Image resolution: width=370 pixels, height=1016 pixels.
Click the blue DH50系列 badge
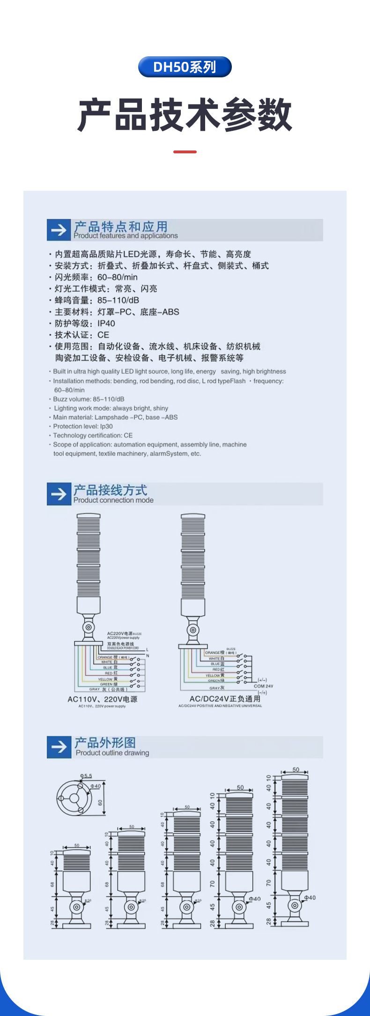pyautogui.click(x=185, y=67)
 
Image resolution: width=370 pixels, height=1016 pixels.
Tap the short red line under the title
pyautogui.click(x=185, y=152)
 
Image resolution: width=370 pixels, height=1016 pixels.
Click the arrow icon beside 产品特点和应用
pyautogui.click(x=59, y=230)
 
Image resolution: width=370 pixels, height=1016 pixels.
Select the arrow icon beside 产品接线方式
pyautogui.click(x=59, y=494)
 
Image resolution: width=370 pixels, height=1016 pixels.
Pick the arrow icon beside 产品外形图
pyautogui.click(x=59, y=747)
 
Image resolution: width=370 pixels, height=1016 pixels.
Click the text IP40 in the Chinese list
pyautogui.click(x=106, y=324)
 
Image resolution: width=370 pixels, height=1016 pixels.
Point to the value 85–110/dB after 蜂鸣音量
pyautogui.click(x=118, y=301)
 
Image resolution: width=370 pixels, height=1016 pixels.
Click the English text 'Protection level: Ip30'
pyautogui.click(x=83, y=427)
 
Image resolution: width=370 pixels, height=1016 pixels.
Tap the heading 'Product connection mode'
pyautogui.click(x=113, y=500)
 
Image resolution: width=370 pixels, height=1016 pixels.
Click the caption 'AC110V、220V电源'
pyautogui.click(x=102, y=699)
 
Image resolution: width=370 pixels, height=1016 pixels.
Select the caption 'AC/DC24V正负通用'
pyautogui.click(x=225, y=699)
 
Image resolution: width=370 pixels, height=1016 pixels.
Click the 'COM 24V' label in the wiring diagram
pyautogui.click(x=263, y=686)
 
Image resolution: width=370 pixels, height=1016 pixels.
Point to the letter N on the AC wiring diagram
pyautogui.click(x=148, y=655)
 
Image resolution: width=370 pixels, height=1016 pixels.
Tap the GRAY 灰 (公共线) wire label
pyautogui.click(x=108, y=689)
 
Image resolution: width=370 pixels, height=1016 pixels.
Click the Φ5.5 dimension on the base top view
pyautogui.click(x=86, y=776)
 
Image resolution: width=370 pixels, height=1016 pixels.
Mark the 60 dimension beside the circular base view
pyautogui.click(x=100, y=802)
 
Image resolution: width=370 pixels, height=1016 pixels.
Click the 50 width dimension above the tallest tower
pyautogui.click(x=296, y=770)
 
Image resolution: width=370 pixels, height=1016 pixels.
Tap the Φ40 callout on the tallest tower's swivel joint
pyautogui.click(x=310, y=898)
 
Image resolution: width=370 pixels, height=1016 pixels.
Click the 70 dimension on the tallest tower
pyautogui.click(x=269, y=883)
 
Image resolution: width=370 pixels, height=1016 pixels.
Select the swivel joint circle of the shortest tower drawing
pyautogui.click(x=76, y=907)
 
